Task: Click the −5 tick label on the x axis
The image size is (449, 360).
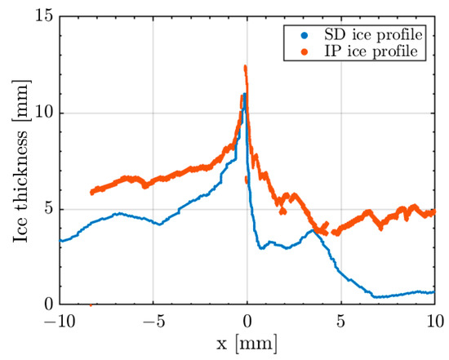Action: click(153, 321)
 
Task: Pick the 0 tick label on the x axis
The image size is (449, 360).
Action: click(247, 321)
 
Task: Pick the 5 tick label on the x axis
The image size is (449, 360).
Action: click(341, 321)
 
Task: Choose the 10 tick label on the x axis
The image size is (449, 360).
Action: click(433, 321)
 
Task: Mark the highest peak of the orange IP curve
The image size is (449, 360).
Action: click(245, 68)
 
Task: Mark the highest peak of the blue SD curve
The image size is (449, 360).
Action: click(243, 95)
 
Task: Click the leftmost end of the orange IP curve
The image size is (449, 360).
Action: click(92, 192)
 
